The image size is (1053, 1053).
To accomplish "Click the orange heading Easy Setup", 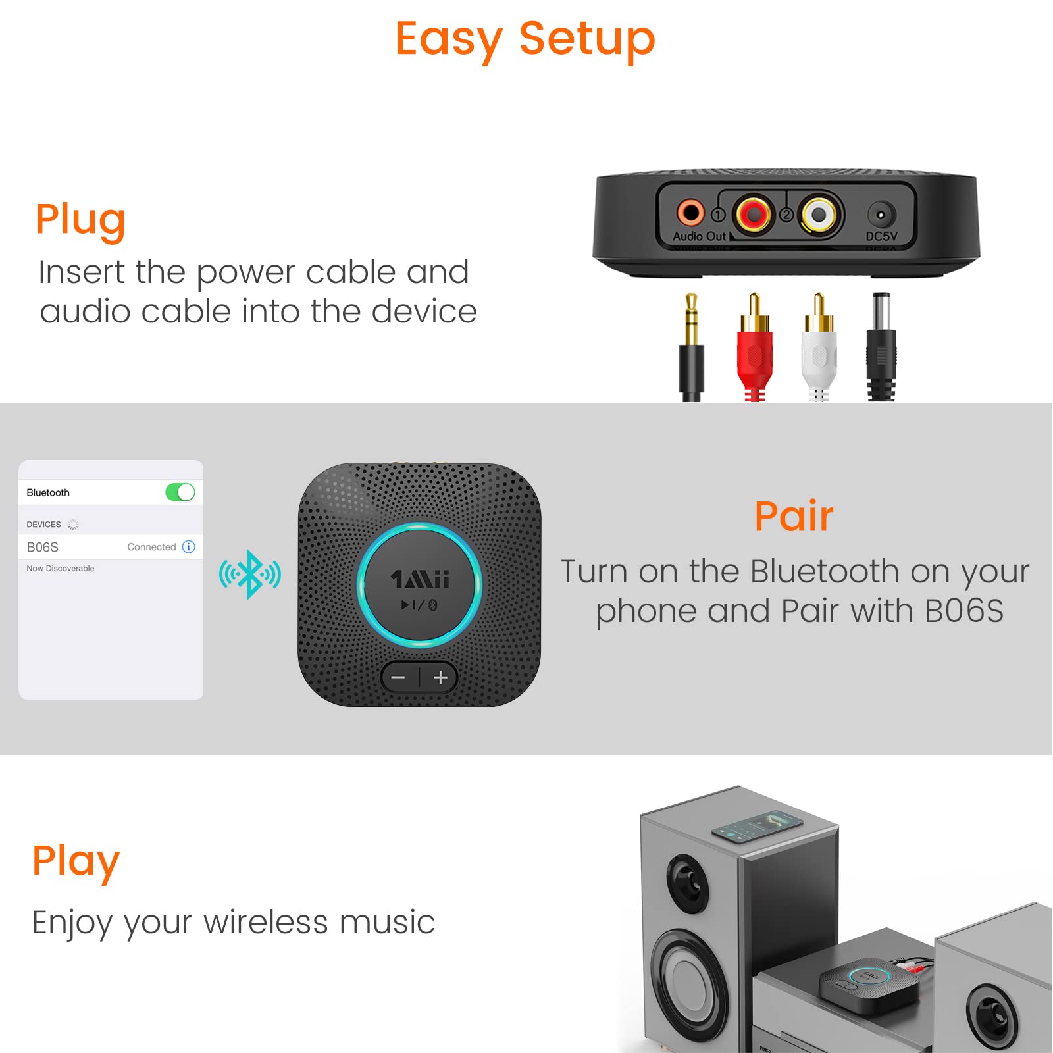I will tap(525, 39).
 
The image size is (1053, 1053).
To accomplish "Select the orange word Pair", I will tap(794, 517).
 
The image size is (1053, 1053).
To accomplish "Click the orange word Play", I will tap(76, 861).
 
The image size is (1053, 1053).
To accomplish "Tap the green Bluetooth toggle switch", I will tap(180, 492).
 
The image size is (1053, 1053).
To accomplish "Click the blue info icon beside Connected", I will tap(189, 547).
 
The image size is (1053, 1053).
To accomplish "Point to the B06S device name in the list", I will tap(43, 547).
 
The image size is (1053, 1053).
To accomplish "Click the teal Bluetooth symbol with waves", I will tap(250, 575).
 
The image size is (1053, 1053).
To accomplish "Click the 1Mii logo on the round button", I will tap(420, 580).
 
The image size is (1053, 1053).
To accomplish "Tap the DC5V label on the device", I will tap(881, 236).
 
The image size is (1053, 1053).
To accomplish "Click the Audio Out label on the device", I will tap(699, 236).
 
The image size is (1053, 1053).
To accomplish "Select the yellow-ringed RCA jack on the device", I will tap(818, 215).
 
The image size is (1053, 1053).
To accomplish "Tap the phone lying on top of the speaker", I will tap(758, 827).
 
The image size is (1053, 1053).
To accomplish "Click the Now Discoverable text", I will tap(61, 569).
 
